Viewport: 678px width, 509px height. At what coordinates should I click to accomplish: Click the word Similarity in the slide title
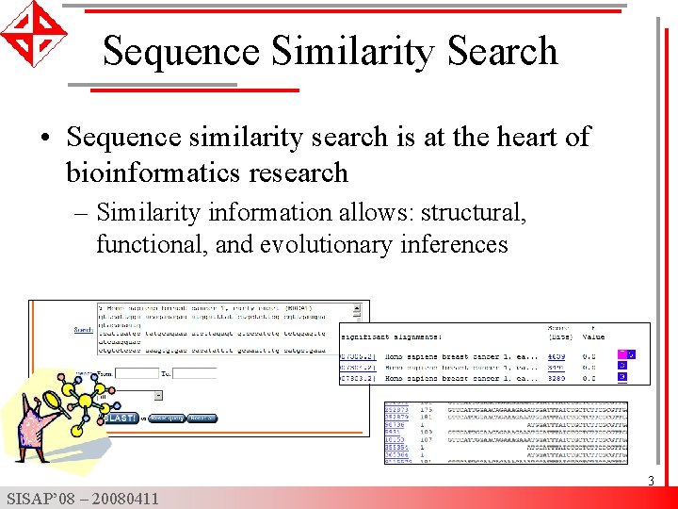[x=357, y=51]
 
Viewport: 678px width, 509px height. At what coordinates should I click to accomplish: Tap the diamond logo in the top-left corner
[x=33, y=34]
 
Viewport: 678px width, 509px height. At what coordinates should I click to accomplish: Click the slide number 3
[x=650, y=482]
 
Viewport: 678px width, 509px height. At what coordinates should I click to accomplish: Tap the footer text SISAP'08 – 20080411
[x=82, y=499]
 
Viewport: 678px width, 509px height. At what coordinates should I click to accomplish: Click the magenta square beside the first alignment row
[x=621, y=354]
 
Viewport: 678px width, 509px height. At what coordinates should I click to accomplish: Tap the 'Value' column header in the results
[x=593, y=337]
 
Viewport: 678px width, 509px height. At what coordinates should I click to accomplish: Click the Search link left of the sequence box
[x=84, y=330]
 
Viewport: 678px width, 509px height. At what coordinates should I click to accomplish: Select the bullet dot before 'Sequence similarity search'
[x=45, y=139]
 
